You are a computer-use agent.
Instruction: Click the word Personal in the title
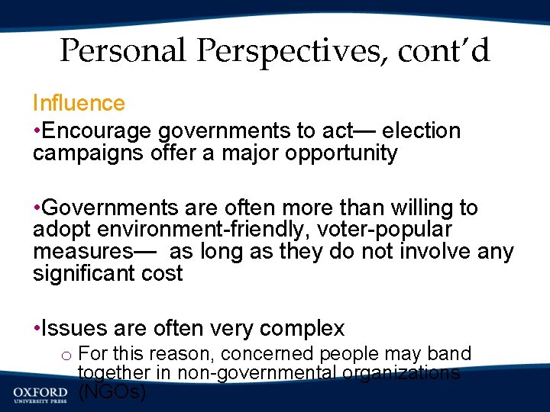click(x=123, y=51)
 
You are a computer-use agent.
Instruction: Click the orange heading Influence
click(x=79, y=103)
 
